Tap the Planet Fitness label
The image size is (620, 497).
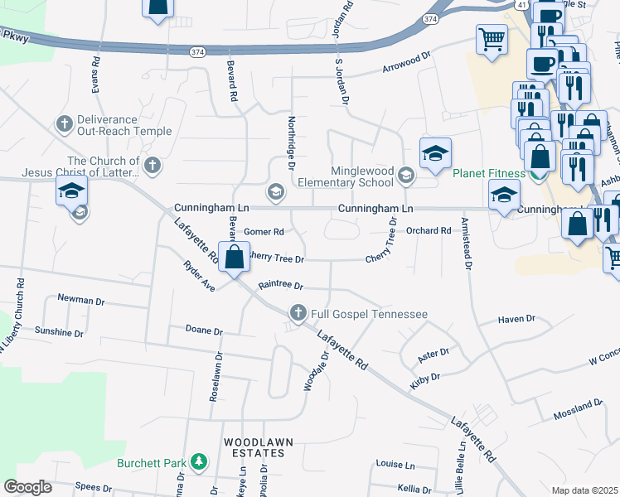pyautogui.click(x=488, y=174)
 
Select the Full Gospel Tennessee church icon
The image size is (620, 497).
pyautogui.click(x=298, y=313)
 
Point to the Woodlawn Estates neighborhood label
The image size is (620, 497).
pyautogui.click(x=257, y=449)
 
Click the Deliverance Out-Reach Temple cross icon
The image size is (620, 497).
pyautogui.click(x=63, y=124)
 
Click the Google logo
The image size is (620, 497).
pyautogui.click(x=28, y=487)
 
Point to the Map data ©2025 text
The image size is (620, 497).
pyautogui.click(x=584, y=490)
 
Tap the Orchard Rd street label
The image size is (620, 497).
pyautogui.click(x=428, y=231)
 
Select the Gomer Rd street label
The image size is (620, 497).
pyautogui.click(x=264, y=232)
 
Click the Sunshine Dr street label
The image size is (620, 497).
pyautogui.click(x=59, y=332)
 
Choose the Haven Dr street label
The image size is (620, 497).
pyautogui.click(x=518, y=319)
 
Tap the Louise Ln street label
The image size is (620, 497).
pyautogui.click(x=395, y=465)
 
